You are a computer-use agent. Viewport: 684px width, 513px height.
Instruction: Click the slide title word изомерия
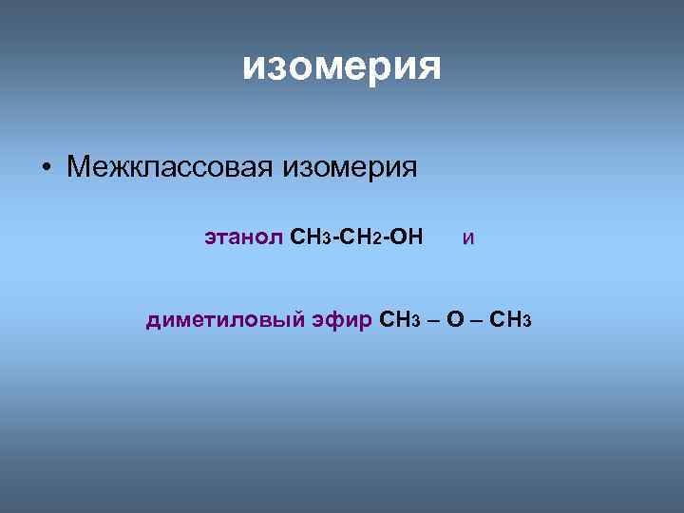point(341,66)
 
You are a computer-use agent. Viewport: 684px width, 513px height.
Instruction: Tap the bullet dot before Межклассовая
point(46,169)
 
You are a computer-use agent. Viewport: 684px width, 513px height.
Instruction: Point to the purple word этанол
point(243,236)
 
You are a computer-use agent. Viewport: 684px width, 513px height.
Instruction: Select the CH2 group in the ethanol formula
point(360,236)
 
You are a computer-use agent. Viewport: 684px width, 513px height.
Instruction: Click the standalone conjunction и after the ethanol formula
point(468,237)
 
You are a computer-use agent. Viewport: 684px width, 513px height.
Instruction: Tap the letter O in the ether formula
point(455,319)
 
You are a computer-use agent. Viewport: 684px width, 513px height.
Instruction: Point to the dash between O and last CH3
point(477,320)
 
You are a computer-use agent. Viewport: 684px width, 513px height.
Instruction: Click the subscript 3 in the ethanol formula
point(327,238)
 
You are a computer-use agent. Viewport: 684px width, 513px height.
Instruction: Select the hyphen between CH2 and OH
point(385,236)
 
